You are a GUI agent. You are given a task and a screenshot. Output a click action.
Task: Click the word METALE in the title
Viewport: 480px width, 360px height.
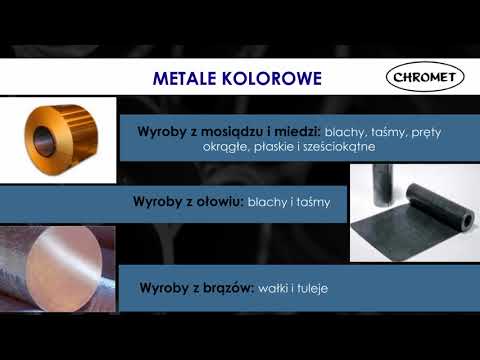[x=188, y=78]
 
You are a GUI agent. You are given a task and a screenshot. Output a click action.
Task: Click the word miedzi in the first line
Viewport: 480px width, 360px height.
[x=292, y=131]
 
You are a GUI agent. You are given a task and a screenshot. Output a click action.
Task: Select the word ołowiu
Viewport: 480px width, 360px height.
[x=218, y=201]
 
